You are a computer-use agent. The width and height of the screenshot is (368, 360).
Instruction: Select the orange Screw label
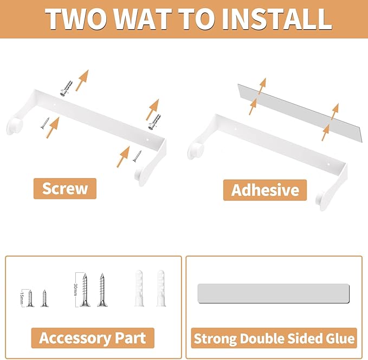(x=65, y=188)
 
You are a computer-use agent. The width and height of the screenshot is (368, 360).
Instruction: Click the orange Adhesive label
(x=265, y=190)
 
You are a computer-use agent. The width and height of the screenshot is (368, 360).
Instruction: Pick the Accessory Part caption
(x=93, y=338)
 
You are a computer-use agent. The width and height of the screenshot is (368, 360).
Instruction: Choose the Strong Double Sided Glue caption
(x=274, y=338)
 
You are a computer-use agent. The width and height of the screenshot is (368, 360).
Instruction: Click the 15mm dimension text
(x=22, y=298)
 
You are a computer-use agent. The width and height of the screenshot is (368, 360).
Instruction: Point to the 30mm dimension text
(x=75, y=290)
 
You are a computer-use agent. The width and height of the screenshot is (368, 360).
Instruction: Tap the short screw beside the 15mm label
(x=30, y=298)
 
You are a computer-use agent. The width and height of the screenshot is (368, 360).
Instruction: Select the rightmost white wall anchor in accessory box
(x=161, y=289)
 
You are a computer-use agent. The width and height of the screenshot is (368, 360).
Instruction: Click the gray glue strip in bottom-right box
(x=273, y=293)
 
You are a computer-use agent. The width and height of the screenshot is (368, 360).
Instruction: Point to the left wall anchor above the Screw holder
(x=66, y=88)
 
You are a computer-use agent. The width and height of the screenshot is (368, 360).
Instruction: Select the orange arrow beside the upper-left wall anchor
(x=82, y=80)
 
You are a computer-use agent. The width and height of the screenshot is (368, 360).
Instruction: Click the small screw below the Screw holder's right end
(x=137, y=156)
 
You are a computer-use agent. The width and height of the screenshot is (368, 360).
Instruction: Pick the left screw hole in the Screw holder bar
(x=54, y=105)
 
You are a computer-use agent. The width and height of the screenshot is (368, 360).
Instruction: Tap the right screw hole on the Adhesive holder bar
(x=328, y=164)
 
